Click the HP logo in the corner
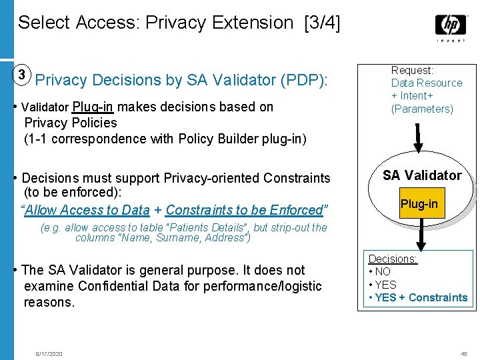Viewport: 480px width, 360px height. pos(451,26)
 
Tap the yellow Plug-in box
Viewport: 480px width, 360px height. pos(419,204)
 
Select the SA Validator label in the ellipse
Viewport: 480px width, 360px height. pos(422,175)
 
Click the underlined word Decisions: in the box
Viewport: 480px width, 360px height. pos(393,259)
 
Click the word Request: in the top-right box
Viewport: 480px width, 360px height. pos(412,70)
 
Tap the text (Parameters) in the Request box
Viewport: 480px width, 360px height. pos(421,109)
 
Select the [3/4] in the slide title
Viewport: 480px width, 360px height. pos(321,23)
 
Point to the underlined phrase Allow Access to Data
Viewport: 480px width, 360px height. pos(87,210)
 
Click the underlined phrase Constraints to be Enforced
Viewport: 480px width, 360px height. pos(244,210)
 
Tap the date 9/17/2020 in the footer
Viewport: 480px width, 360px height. pos(49,353)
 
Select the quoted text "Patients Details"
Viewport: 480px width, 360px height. pos(210,227)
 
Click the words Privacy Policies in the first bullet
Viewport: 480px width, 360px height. pos(71,123)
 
